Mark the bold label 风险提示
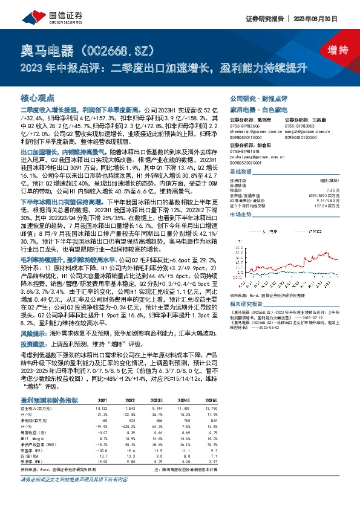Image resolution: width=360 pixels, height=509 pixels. point(34,332)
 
